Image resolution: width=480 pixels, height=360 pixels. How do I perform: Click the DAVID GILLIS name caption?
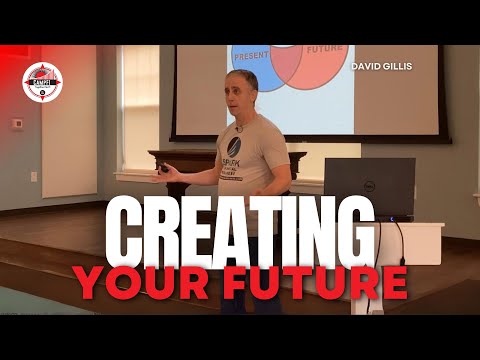point(381,66)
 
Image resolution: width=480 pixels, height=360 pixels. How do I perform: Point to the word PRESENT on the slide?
point(251,57)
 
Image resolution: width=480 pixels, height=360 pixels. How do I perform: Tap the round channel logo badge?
point(42,82)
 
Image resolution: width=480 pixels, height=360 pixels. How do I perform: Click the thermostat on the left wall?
point(17,124)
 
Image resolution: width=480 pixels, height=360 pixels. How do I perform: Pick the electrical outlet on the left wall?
point(33,177)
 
